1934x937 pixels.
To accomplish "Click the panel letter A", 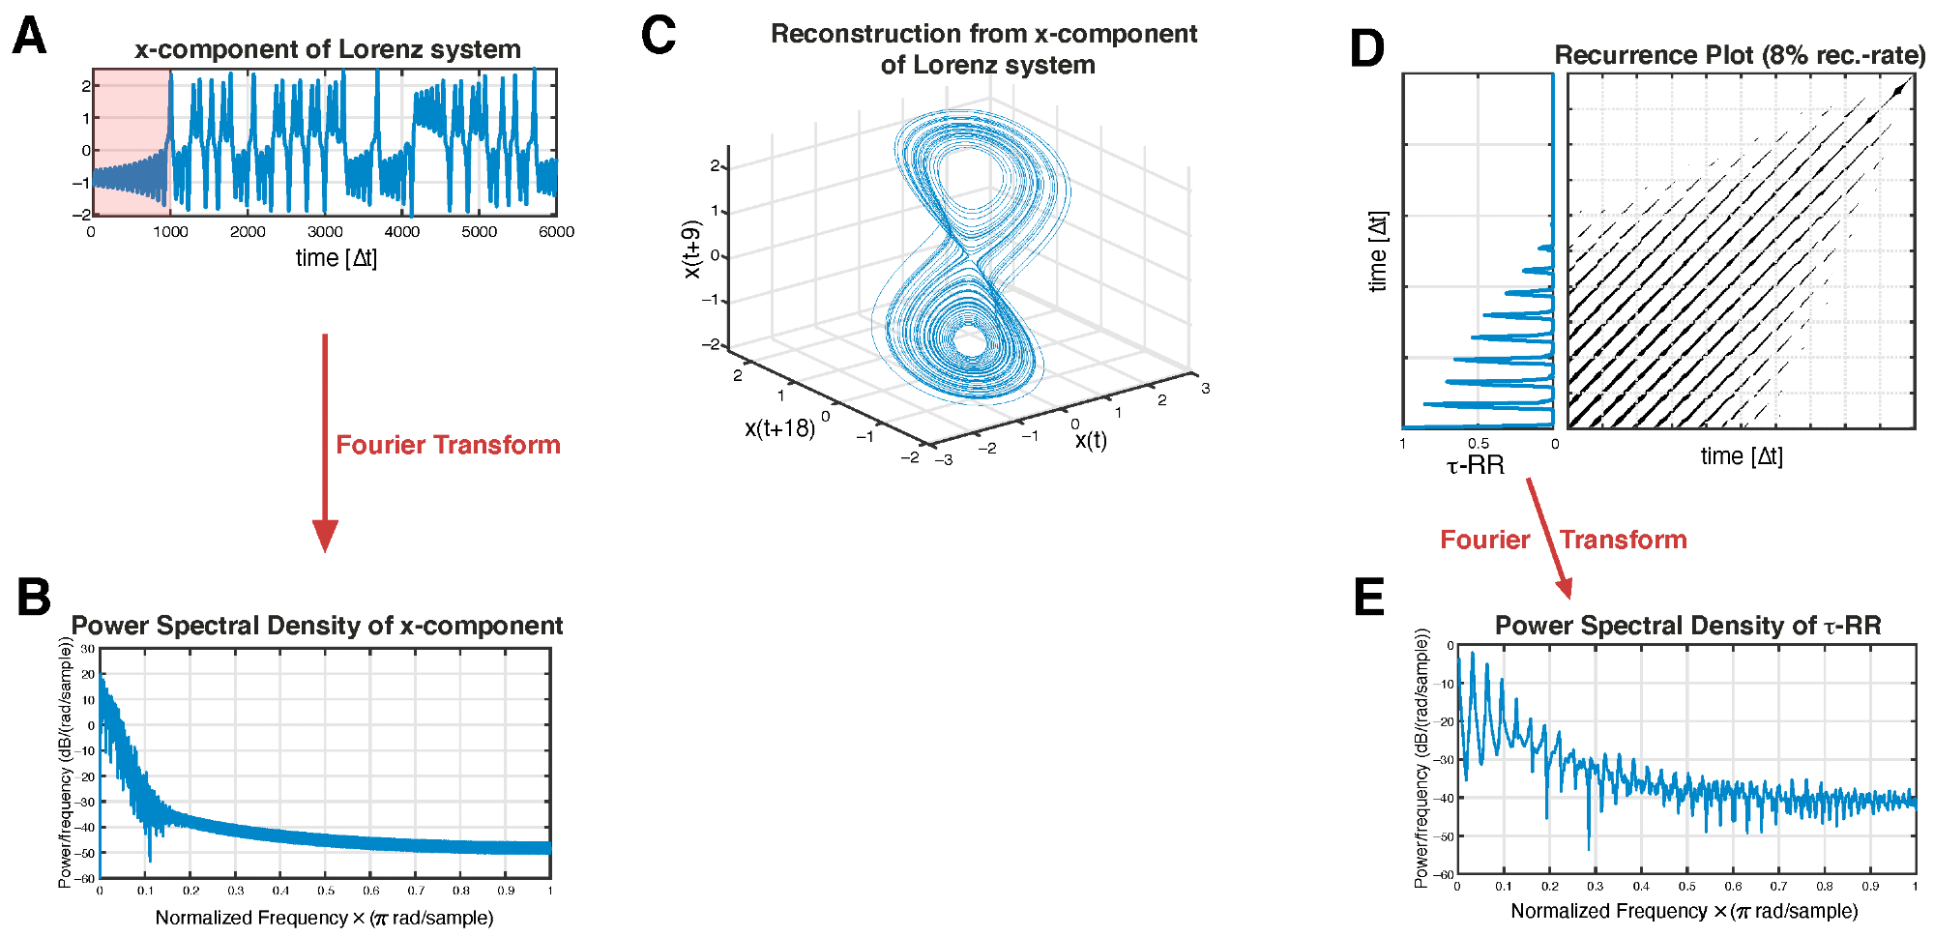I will point(30,37).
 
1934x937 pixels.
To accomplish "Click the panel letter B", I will point(34,597).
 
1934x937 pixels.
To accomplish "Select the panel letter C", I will point(659,36).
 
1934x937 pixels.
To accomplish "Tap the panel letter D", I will point(1367,48).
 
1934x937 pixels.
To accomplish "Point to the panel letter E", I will point(1369,597).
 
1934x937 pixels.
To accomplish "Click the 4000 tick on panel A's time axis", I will point(402,232).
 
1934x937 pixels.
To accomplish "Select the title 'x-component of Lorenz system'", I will point(327,49).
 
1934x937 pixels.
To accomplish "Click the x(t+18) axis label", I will point(779,428).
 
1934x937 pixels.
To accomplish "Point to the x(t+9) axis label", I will point(690,249).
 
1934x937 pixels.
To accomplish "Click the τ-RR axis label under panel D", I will point(1475,466).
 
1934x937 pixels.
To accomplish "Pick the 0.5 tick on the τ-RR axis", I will point(1479,444).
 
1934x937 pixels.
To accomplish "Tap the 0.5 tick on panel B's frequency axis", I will point(326,891).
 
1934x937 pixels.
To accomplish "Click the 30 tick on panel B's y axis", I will point(88,650).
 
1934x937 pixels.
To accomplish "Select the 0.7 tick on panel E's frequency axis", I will point(1778,886).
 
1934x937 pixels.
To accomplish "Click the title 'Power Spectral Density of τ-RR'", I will point(1687,626).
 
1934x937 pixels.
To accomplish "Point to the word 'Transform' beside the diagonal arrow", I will point(1623,540).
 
